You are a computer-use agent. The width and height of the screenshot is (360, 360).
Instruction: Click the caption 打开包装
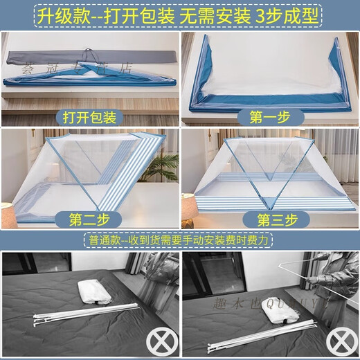(x=89, y=114)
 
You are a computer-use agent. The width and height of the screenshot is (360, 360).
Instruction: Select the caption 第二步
(x=89, y=220)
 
